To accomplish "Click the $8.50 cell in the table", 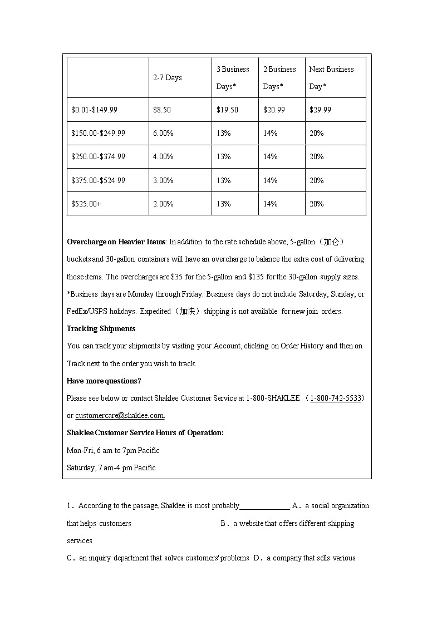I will point(162,110).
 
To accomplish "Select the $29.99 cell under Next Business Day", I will point(320,110).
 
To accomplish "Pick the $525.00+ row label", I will point(86,204).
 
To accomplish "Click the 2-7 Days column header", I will point(168,78).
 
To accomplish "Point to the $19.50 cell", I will point(227,110).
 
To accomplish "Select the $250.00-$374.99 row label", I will point(98,157).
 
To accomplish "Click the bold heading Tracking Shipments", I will point(101,329).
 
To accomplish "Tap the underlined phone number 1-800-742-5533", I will point(336,398).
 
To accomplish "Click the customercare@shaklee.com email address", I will point(120,415).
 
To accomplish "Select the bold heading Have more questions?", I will point(104,381).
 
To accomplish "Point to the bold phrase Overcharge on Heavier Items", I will point(116,242).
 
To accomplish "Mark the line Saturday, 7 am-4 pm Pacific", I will point(111,467).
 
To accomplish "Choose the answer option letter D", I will point(257,558).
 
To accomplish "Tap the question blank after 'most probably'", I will point(264,506).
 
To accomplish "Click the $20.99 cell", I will point(274,110).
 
